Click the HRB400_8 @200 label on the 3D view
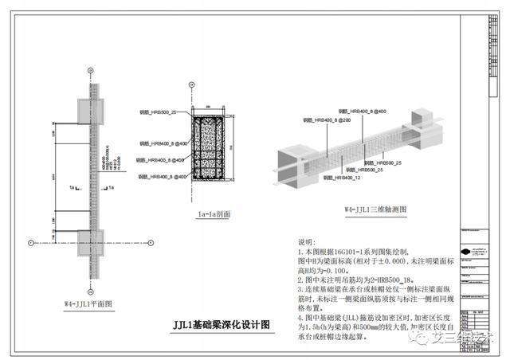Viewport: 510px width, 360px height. pos(328,119)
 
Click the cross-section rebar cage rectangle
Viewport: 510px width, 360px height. pos(206,151)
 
